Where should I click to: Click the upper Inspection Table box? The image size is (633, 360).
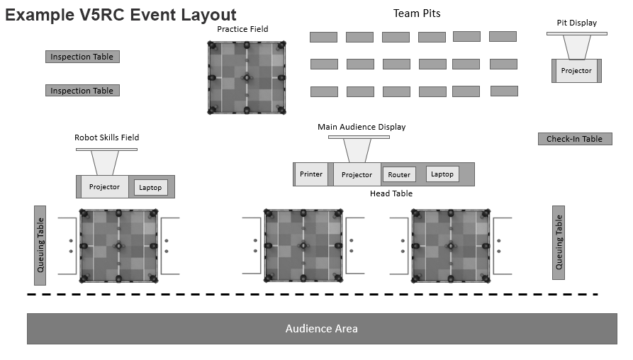(x=82, y=57)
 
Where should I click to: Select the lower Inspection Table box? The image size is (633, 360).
(x=82, y=91)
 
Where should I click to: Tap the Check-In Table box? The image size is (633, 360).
(x=574, y=139)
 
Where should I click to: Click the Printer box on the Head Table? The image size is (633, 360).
(x=311, y=174)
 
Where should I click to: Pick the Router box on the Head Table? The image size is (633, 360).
(x=399, y=174)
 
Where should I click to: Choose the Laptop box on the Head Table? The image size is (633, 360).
(x=442, y=174)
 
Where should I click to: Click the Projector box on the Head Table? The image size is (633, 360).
(x=357, y=174)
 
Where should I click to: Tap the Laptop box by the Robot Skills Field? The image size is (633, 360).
(x=150, y=187)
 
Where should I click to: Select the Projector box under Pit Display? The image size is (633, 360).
(x=576, y=71)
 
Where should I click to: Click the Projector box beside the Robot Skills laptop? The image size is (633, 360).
(x=104, y=187)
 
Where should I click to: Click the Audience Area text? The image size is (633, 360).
(x=321, y=329)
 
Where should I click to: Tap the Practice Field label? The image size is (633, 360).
(x=242, y=29)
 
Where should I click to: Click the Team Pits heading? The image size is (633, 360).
(x=417, y=13)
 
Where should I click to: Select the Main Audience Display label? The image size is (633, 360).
(x=362, y=127)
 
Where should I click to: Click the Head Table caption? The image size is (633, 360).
(x=391, y=193)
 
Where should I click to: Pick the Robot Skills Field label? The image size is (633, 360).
(x=106, y=137)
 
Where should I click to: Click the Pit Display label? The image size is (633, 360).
(x=576, y=23)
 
